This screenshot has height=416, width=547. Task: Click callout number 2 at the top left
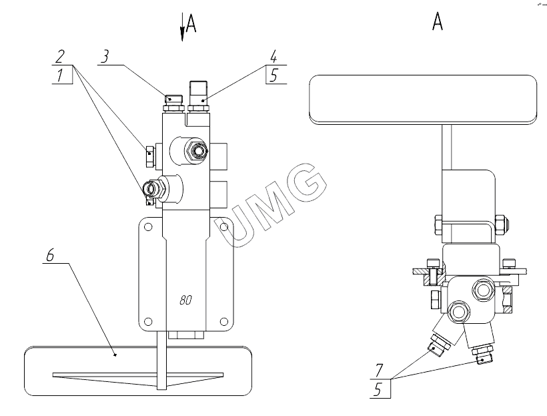coord(60,56)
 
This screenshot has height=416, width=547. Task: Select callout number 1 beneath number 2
coord(61,75)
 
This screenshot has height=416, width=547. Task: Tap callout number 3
coord(105,56)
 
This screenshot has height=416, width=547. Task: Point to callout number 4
coord(273,56)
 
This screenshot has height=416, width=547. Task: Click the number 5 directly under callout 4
coord(274,75)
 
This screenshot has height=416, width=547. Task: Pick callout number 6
coord(50,255)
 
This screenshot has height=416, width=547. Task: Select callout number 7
coord(378,370)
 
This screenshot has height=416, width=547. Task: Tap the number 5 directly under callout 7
coord(378,389)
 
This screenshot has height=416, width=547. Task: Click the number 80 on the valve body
coord(185,300)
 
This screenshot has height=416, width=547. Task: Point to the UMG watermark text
coord(271,205)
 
